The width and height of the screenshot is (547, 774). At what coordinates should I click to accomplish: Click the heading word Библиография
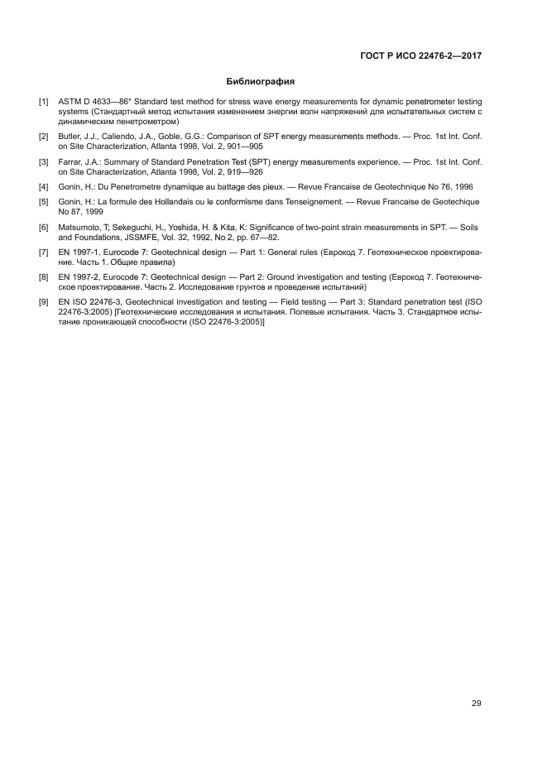tap(261, 82)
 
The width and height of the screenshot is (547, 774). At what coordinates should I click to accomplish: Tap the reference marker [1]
tap(43, 102)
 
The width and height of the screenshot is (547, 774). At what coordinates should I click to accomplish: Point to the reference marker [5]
tap(43, 202)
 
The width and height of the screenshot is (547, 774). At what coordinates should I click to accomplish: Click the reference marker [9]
tap(43, 304)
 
